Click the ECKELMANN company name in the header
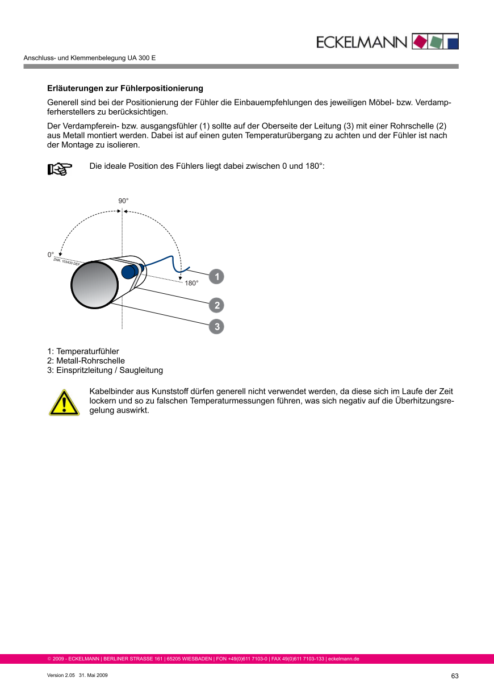pos(361,42)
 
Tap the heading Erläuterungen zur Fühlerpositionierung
pos(125,89)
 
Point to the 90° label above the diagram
pos(123,201)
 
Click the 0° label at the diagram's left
pos(51,255)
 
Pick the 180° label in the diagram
pos(191,282)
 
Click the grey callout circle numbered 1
pos(216,277)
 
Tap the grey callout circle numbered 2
pos(216,305)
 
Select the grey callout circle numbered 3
pos(216,327)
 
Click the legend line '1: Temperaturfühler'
pos(83,351)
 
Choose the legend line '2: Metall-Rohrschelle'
pos(86,361)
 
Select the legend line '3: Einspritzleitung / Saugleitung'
pos(105,371)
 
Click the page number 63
pos(455,676)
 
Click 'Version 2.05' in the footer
pos(61,675)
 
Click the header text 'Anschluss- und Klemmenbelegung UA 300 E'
pos(90,59)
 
